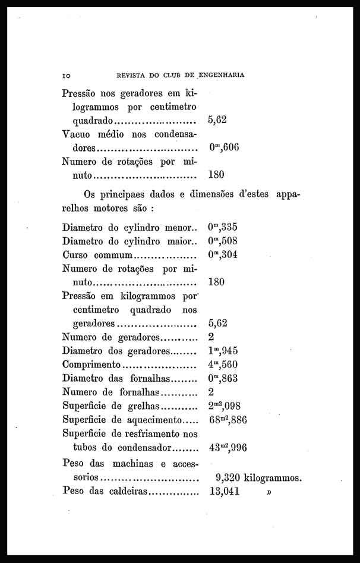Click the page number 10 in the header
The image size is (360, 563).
[66, 76]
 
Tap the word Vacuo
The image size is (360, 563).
[77, 134]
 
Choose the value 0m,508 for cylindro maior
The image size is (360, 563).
[223, 241]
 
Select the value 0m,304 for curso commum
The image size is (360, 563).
[223, 254]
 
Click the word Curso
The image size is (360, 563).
[75, 255]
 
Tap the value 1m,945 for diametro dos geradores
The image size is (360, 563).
[223, 351]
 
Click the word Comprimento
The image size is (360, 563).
[91, 364]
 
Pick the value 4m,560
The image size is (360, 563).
[223, 364]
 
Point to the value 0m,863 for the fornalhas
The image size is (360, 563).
[223, 378]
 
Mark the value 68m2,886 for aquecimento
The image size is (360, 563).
[228, 420]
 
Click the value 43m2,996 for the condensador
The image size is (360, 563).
[228, 447]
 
